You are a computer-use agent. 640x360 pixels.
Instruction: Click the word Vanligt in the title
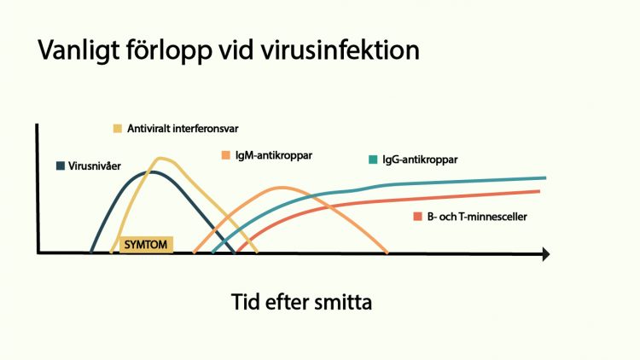(79, 50)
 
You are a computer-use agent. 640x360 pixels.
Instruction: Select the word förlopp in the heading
(169, 50)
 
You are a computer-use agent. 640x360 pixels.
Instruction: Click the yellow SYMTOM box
(146, 245)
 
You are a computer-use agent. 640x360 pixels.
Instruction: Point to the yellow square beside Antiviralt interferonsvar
(118, 129)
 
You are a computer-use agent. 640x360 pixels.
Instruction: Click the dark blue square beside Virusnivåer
(61, 165)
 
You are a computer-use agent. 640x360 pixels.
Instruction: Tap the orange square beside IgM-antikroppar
(226, 155)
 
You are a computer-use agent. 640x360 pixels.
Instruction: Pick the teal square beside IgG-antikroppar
(373, 160)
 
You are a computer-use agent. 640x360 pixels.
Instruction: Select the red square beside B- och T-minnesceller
(417, 217)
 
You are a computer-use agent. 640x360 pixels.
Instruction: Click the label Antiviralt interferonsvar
(183, 129)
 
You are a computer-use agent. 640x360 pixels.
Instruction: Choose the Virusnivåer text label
(95, 166)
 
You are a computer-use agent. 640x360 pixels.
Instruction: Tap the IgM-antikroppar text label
(274, 155)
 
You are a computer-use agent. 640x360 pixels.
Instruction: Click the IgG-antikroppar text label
(420, 160)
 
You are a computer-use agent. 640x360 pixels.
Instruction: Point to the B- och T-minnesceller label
(477, 217)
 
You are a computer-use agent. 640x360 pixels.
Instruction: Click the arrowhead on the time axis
(546, 254)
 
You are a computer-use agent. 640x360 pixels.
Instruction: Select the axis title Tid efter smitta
(301, 302)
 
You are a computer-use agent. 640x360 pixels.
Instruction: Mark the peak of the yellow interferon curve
(160, 158)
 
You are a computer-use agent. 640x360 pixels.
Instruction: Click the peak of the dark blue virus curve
(151, 171)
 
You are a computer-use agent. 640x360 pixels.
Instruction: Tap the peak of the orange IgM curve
(282, 188)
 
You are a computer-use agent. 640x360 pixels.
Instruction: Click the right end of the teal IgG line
(545, 177)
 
